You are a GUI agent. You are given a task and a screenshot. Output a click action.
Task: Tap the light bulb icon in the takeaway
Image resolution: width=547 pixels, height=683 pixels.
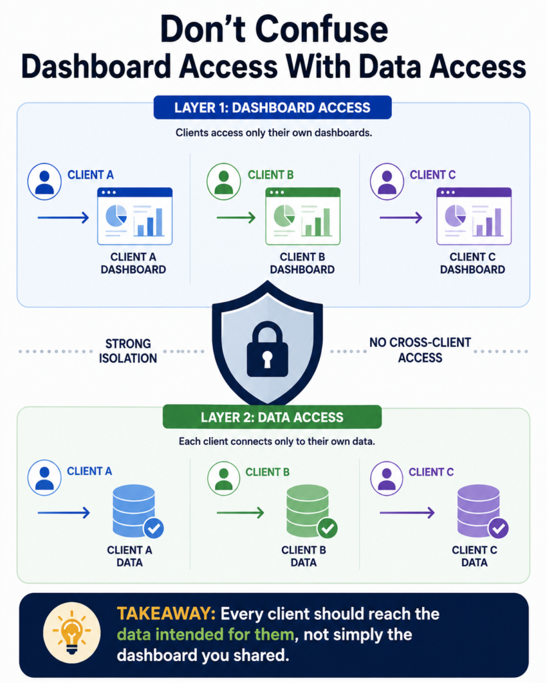(x=72, y=632)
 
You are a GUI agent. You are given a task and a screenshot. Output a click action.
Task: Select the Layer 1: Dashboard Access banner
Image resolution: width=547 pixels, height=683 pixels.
(x=272, y=107)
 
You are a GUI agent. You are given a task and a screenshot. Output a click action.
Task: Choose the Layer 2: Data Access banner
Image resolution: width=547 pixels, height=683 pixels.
(x=272, y=418)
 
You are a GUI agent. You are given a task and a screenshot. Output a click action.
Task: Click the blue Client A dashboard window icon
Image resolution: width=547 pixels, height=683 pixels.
(x=135, y=216)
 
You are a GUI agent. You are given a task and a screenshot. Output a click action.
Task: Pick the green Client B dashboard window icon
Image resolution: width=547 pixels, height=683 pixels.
(x=303, y=216)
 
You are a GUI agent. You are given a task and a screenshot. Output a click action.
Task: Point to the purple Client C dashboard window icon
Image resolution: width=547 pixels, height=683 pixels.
(x=474, y=216)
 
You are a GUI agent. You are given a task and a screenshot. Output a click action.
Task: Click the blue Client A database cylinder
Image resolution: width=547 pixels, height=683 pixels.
(x=134, y=510)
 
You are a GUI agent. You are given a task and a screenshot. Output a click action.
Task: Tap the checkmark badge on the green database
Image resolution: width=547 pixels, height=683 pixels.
(x=327, y=528)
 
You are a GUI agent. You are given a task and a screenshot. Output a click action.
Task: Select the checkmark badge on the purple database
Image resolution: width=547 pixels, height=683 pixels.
(x=498, y=528)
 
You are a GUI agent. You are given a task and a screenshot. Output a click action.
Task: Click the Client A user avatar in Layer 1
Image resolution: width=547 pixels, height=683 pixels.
(x=45, y=181)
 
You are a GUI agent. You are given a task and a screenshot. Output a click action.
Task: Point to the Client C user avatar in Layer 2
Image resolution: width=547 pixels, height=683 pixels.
(x=387, y=478)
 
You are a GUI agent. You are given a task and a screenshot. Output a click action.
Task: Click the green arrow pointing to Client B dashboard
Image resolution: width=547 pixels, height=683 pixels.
(x=236, y=217)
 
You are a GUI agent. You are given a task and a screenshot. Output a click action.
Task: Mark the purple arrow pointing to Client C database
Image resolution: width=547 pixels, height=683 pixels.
(x=407, y=513)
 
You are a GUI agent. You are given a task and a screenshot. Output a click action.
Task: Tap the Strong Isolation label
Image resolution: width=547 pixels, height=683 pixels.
(x=128, y=351)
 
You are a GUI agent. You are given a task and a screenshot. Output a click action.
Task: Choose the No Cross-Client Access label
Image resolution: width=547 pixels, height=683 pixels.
(x=420, y=350)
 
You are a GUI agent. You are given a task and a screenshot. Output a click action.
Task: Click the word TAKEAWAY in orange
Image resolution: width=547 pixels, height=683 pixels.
(x=166, y=614)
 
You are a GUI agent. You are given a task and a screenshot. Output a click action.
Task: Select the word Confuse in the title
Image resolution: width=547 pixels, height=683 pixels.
(x=321, y=29)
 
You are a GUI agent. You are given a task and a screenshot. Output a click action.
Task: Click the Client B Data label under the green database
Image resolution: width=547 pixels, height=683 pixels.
(x=304, y=556)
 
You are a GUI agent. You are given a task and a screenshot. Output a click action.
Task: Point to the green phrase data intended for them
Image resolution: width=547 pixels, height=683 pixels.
(x=206, y=634)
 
